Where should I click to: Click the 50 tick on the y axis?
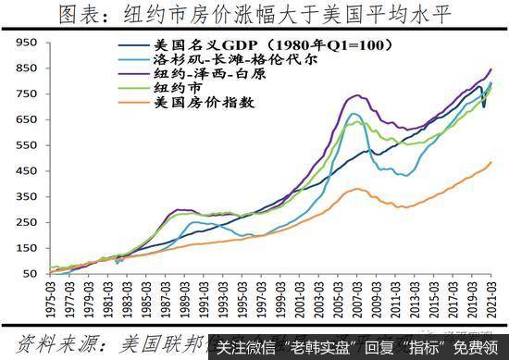coord(28,274)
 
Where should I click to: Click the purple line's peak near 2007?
coord(355,95)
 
